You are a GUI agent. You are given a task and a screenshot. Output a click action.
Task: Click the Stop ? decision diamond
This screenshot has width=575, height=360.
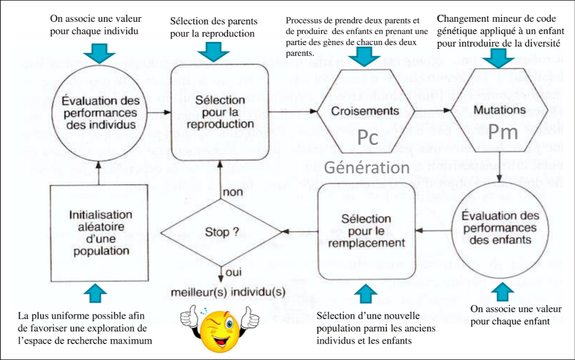[x=221, y=232]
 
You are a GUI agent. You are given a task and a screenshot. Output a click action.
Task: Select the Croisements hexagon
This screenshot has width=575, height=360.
[x=365, y=110]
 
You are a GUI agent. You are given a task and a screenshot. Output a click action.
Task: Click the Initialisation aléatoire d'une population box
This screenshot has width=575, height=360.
[x=100, y=232]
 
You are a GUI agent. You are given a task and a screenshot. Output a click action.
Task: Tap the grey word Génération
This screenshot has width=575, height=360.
[x=366, y=167]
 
